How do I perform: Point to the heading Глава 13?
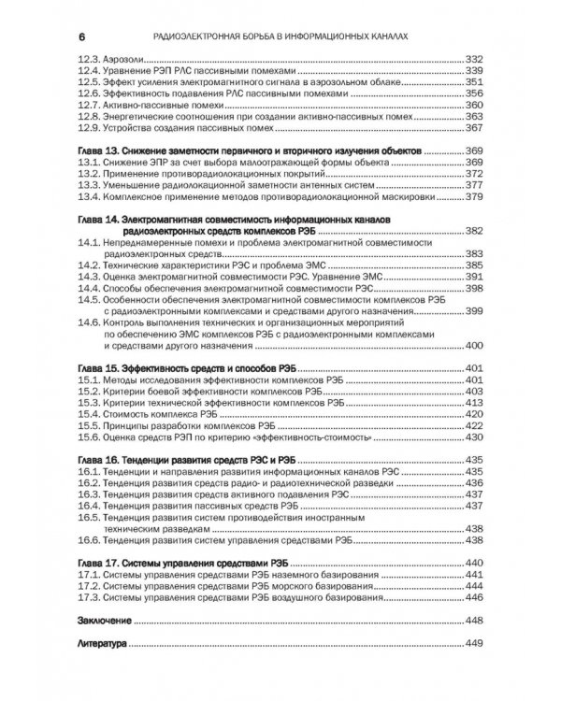tap(98, 151)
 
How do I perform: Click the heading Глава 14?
tap(98, 219)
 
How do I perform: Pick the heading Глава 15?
tap(98, 368)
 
